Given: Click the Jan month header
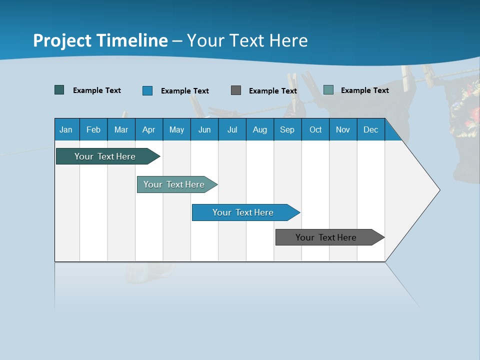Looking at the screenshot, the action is click(66, 129).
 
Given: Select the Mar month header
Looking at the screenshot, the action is click(121, 129).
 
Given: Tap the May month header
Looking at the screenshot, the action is click(176, 129).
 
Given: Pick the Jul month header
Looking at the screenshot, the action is click(232, 129).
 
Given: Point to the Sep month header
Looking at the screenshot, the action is click(287, 129).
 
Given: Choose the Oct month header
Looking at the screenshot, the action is click(315, 129).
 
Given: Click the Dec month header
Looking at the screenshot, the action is click(370, 129).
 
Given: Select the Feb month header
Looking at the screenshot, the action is click(93, 129).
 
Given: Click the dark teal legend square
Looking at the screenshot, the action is click(59, 90).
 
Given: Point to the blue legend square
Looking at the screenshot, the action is click(147, 90).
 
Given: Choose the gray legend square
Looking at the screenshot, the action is click(236, 90).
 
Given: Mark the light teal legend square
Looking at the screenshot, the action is click(328, 90).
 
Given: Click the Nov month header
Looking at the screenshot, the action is click(342, 129).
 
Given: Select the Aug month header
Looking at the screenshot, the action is click(259, 129).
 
